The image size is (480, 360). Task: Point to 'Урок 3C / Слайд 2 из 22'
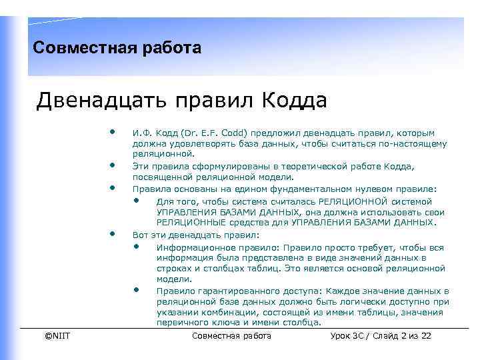[381, 336]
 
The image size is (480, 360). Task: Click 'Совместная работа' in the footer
[231, 336]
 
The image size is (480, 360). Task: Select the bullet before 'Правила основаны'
[114, 187]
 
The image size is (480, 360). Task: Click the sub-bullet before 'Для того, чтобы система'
[136, 200]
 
